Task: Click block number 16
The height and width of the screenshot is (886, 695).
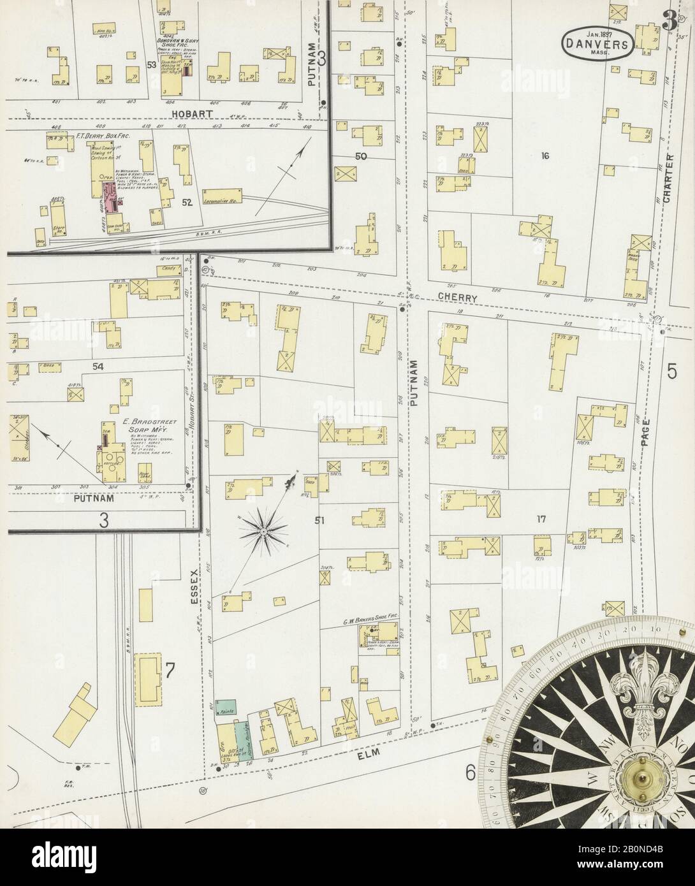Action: click(x=545, y=155)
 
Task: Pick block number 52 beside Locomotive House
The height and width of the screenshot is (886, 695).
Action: click(x=187, y=202)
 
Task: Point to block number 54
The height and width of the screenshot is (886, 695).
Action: click(x=98, y=367)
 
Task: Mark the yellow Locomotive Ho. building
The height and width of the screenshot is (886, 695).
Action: click(x=222, y=193)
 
